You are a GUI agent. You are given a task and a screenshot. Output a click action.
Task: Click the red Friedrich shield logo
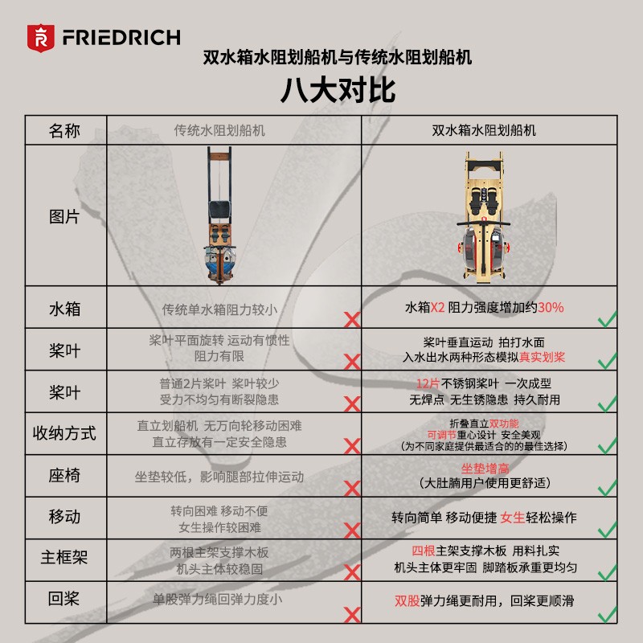[41, 38]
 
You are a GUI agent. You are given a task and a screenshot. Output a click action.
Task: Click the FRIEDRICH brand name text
[121, 37]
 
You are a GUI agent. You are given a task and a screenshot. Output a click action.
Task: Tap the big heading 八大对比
[338, 90]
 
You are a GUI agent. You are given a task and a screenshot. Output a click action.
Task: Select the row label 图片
[64, 216]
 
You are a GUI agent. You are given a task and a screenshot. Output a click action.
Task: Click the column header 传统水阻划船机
[219, 130]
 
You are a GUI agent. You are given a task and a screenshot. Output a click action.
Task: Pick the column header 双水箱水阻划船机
[484, 130]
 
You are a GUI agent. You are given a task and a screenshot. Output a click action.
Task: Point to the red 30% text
[551, 307]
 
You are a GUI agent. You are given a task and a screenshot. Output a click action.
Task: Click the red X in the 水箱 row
[352, 320]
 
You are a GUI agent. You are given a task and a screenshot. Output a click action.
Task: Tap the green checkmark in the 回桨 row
[608, 614]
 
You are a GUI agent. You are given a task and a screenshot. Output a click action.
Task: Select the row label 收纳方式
[64, 433]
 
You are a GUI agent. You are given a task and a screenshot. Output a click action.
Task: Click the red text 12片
[428, 383]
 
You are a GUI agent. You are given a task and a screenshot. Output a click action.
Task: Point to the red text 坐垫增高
[485, 469]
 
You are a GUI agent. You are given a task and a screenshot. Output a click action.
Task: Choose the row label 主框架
[64, 557]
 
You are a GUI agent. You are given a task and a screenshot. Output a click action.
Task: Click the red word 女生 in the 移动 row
[513, 518]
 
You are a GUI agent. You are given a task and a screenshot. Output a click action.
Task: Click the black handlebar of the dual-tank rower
[484, 224]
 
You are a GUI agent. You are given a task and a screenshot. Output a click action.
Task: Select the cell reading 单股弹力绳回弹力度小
[217, 600]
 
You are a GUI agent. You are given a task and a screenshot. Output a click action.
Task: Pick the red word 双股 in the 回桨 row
[408, 600]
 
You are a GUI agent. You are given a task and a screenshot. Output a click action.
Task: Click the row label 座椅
[64, 475]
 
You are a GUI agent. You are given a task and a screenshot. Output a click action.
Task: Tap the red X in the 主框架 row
[352, 572]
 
